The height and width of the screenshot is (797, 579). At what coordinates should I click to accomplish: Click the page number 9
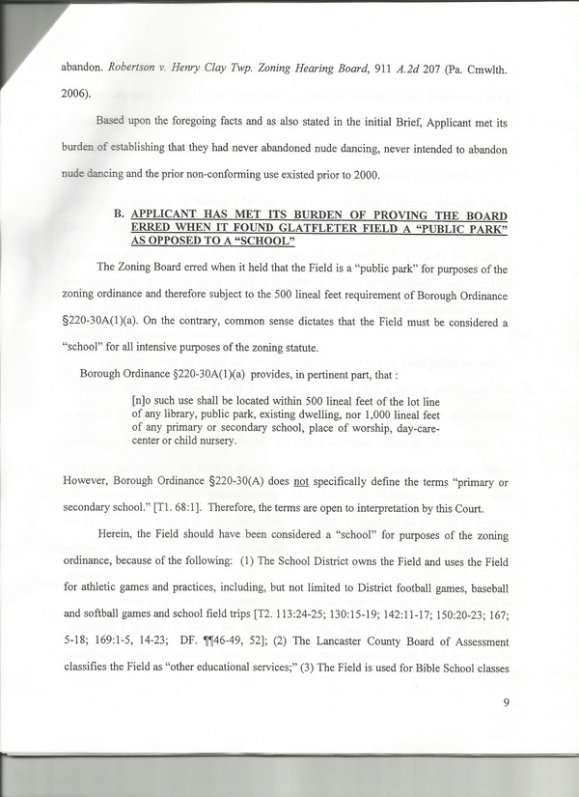[505, 702]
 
